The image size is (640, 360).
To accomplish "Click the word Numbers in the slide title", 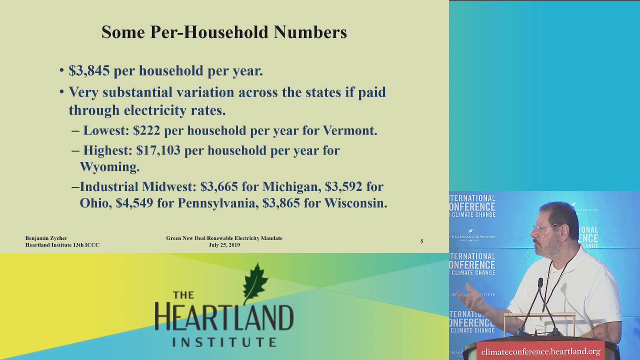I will (x=310, y=32).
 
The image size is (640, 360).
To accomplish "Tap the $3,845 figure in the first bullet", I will (x=89, y=71).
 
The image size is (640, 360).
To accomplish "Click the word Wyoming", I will (x=109, y=166).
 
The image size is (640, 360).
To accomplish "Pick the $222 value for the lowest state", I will (x=146, y=130).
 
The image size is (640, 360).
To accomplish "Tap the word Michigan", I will (x=290, y=187).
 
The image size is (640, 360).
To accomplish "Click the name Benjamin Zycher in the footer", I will (x=46, y=238).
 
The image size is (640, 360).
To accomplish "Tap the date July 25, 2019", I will (x=224, y=245).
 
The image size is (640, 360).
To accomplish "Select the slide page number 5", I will (x=421, y=241).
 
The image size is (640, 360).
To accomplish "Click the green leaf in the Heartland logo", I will (x=255, y=283).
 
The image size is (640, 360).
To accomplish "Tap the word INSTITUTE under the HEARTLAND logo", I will (x=224, y=342).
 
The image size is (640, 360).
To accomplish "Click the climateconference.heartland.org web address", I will (x=540, y=352).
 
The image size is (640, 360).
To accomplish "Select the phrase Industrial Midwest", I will (x=137, y=187).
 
